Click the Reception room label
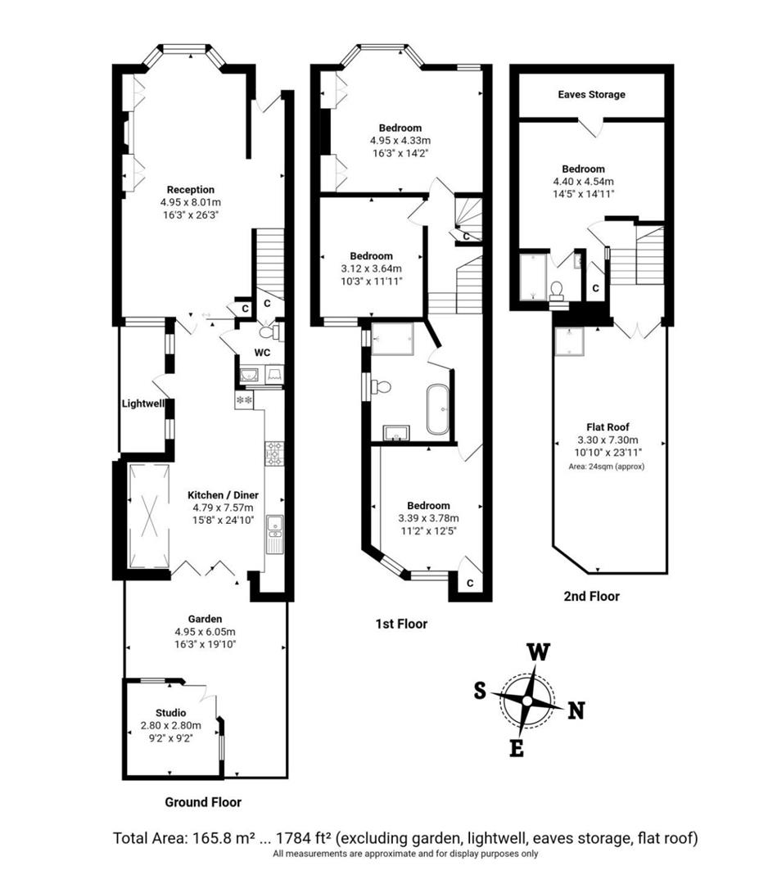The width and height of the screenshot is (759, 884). tap(191, 190)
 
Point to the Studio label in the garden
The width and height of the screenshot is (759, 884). tap(170, 712)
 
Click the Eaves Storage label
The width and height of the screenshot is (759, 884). tap(591, 94)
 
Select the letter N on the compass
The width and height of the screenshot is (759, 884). tap(576, 710)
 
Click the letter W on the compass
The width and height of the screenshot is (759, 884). tap(537, 652)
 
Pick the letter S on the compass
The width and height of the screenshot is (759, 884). tap(480, 690)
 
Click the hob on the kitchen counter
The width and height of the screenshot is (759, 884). tap(273, 453)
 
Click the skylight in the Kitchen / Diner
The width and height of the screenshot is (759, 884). tap(149, 516)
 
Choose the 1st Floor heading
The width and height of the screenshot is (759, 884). tap(401, 624)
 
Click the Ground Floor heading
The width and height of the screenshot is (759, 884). tap(203, 801)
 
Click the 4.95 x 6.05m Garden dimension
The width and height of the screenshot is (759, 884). tap(205, 631)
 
